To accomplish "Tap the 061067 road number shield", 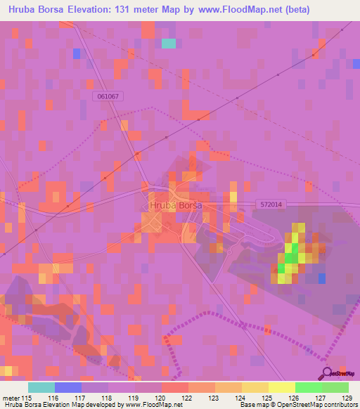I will point(108,96).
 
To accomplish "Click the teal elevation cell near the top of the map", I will point(168,44).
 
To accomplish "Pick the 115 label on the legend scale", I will point(26,398).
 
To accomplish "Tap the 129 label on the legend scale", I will point(348,398).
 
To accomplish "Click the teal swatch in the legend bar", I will point(41,387).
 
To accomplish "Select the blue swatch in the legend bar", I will point(68,387).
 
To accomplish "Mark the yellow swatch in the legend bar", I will point(281,387).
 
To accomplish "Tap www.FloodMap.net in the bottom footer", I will point(160,405).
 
